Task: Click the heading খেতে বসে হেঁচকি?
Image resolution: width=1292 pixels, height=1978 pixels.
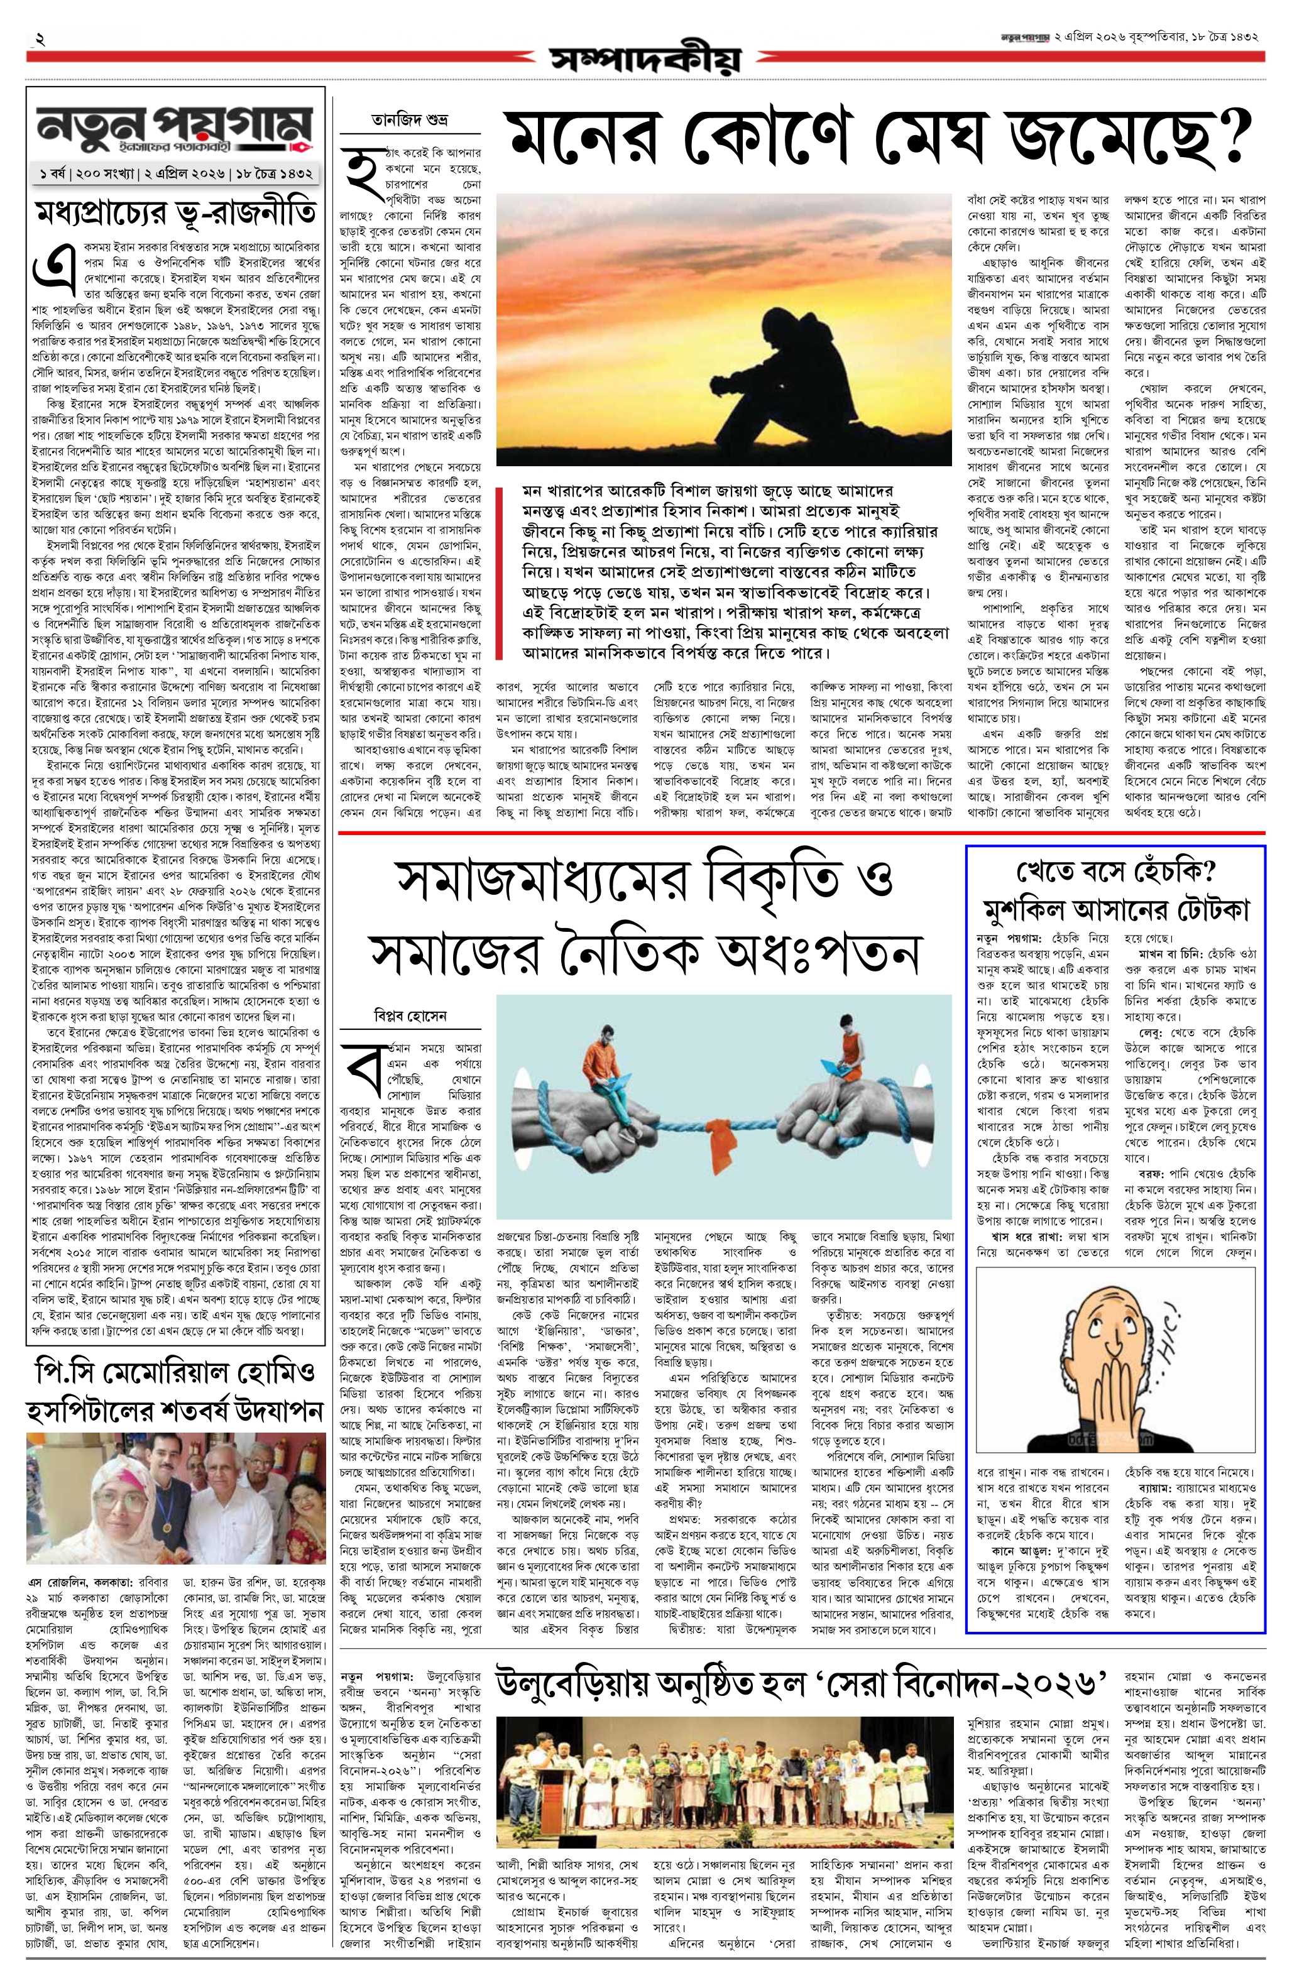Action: pyautogui.click(x=1117, y=874)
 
